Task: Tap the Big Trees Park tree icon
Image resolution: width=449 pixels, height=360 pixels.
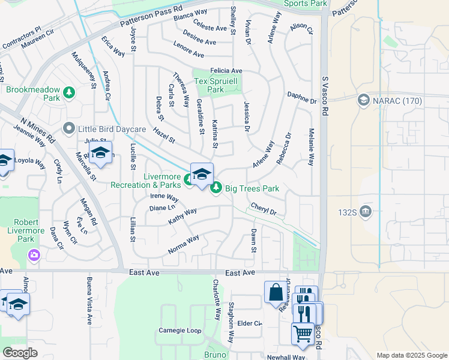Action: [x=216, y=188]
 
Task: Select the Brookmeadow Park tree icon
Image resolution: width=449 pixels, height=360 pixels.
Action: [x=70, y=92]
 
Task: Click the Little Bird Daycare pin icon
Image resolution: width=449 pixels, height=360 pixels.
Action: [x=69, y=128]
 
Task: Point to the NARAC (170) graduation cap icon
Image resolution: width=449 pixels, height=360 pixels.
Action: [x=363, y=100]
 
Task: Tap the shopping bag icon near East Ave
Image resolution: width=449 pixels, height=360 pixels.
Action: [x=276, y=292]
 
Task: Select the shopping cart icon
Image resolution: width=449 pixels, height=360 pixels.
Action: [x=302, y=333]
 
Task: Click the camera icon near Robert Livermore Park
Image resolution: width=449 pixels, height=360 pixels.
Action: [x=34, y=256]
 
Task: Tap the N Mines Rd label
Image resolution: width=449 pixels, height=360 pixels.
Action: [x=37, y=131]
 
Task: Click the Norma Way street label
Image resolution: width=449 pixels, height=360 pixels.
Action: [x=184, y=243]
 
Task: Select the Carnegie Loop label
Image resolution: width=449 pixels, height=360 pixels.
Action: [x=179, y=331]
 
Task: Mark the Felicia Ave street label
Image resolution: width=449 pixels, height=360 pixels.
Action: [x=226, y=71]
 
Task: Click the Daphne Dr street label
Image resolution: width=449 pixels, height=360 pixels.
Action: [x=301, y=97]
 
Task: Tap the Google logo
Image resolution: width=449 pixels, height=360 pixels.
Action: [x=20, y=353]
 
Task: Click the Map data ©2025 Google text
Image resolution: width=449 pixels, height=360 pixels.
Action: [x=411, y=355]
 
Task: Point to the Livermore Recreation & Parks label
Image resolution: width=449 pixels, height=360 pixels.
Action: [x=145, y=181]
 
